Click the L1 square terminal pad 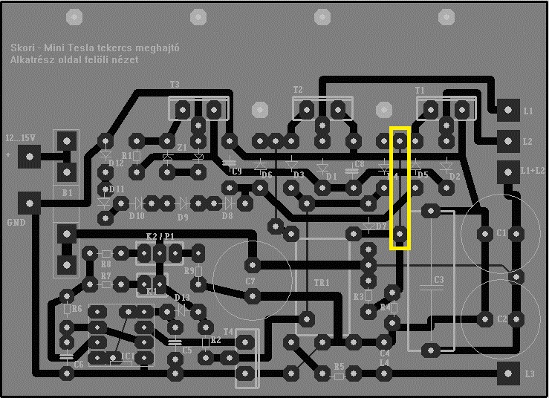(x=508, y=110)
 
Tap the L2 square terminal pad (x=508, y=140)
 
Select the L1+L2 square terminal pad (x=508, y=170)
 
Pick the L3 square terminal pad (x=508, y=373)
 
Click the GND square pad (x=29, y=201)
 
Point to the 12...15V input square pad (x=29, y=156)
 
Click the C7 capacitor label (x=250, y=281)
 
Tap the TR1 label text (x=322, y=283)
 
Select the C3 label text (x=438, y=279)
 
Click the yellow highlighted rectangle (x=400, y=188)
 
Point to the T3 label (x=175, y=85)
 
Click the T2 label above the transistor (x=298, y=89)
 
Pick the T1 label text (x=420, y=89)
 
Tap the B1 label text (x=68, y=192)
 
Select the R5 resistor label (x=340, y=366)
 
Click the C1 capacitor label (x=501, y=232)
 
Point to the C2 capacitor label (x=502, y=319)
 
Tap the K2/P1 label (x=160, y=236)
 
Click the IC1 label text (x=128, y=356)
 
